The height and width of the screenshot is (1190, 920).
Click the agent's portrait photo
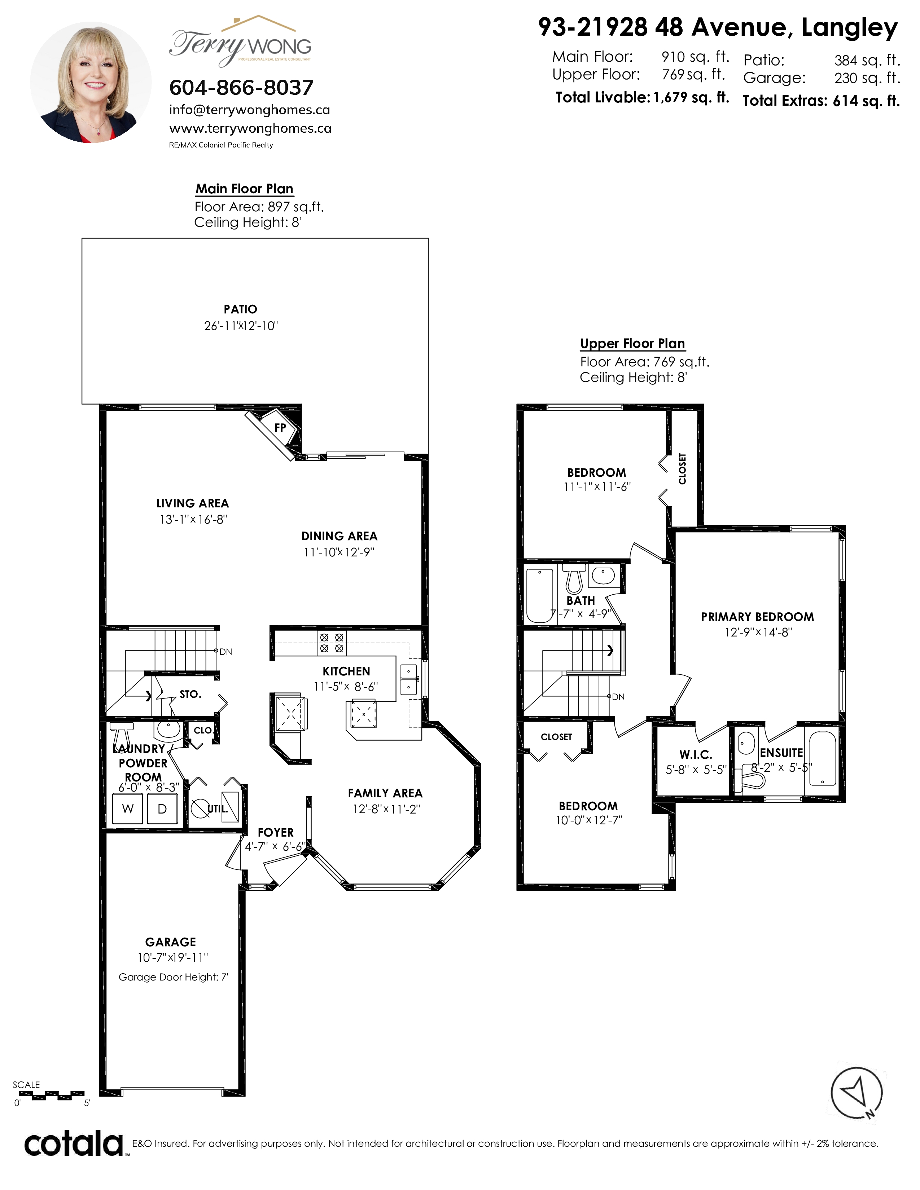[91, 82]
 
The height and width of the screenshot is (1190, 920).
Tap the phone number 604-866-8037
[241, 87]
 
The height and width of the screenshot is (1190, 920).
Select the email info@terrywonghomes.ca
[250, 110]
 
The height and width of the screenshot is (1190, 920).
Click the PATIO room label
[240, 309]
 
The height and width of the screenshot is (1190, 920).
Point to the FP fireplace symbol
[280, 428]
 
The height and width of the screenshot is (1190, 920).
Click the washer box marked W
[127, 808]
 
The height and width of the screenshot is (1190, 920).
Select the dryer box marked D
[162, 808]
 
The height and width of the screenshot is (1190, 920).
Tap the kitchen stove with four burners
[331, 643]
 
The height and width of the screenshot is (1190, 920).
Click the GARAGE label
[171, 942]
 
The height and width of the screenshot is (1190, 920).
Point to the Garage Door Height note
[173, 977]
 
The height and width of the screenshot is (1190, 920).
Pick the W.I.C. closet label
[696, 755]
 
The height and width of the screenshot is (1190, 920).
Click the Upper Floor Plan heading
[632, 344]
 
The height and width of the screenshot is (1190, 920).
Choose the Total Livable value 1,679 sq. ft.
[691, 97]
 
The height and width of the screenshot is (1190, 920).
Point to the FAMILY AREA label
[385, 793]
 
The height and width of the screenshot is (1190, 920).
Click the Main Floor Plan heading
[244, 189]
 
